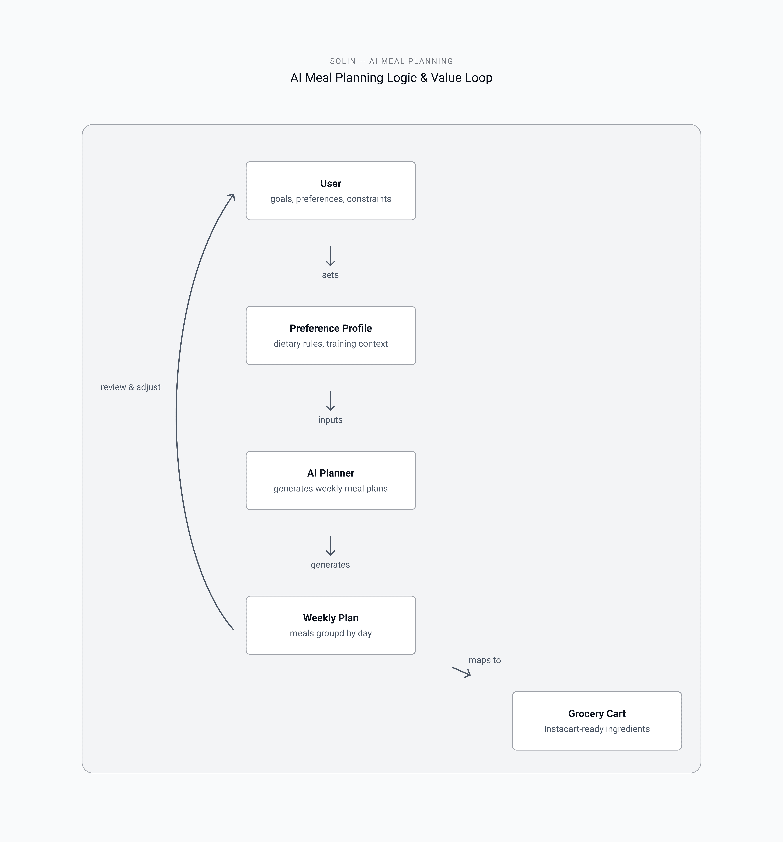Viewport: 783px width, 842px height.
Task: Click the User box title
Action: pyautogui.click(x=331, y=183)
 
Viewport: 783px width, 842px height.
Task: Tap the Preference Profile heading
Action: pyautogui.click(x=331, y=328)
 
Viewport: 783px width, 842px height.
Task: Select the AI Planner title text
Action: pyautogui.click(x=331, y=473)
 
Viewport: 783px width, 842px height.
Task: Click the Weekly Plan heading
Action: pyautogui.click(x=331, y=618)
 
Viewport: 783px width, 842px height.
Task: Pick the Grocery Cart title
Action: pyautogui.click(x=597, y=714)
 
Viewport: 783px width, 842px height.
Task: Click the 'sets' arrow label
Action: pyautogui.click(x=330, y=275)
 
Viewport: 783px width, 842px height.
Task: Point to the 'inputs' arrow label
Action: pyautogui.click(x=330, y=420)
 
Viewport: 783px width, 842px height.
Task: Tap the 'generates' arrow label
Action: pyautogui.click(x=330, y=565)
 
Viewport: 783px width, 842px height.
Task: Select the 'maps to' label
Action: pyautogui.click(x=485, y=660)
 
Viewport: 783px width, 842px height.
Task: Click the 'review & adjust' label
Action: pyautogui.click(x=130, y=387)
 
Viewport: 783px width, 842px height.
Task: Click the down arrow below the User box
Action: pyautogui.click(x=330, y=256)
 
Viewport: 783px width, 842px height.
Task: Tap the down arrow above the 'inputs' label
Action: pyautogui.click(x=330, y=401)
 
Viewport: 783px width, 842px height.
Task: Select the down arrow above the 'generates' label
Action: pyautogui.click(x=330, y=546)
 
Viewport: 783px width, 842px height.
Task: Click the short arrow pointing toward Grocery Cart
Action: pyautogui.click(x=461, y=672)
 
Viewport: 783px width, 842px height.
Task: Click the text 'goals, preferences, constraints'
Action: pyautogui.click(x=331, y=199)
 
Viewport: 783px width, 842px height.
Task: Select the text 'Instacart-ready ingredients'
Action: pyautogui.click(x=597, y=729)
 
